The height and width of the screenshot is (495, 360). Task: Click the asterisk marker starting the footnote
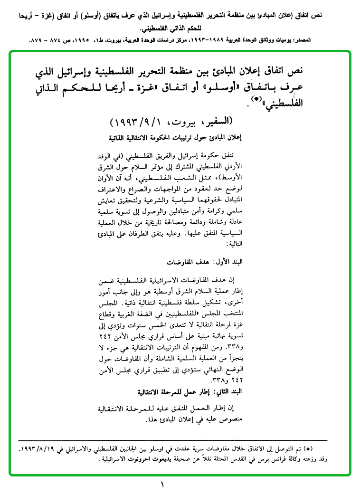[x=321, y=449]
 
